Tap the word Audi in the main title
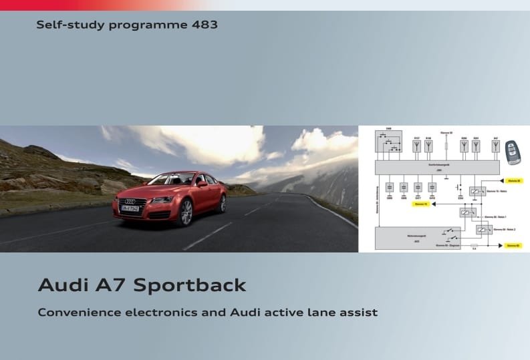63,285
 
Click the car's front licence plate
131,210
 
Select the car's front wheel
185,212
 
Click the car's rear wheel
221,203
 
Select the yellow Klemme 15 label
421,204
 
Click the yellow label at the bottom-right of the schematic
512,246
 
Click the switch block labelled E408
390,143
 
